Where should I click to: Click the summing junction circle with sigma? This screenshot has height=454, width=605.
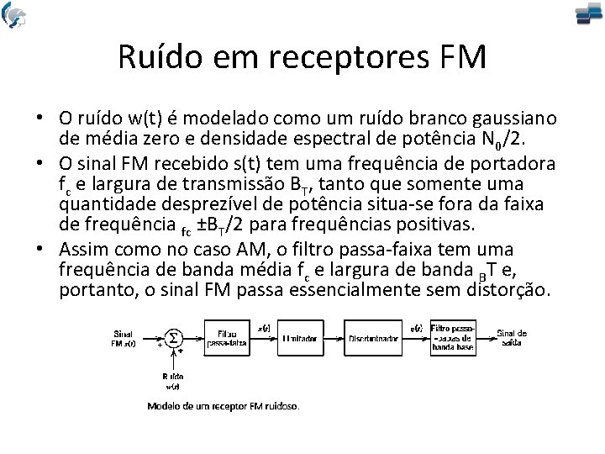click(173, 337)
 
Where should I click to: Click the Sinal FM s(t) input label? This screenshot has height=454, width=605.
click(123, 338)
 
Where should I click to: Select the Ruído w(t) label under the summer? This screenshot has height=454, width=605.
click(172, 381)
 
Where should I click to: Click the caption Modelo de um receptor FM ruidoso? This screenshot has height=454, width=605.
click(223, 405)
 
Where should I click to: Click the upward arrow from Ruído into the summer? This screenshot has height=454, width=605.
click(173, 359)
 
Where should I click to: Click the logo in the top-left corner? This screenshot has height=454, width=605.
click(14, 14)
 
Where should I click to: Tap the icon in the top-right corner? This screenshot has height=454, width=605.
click(588, 15)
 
